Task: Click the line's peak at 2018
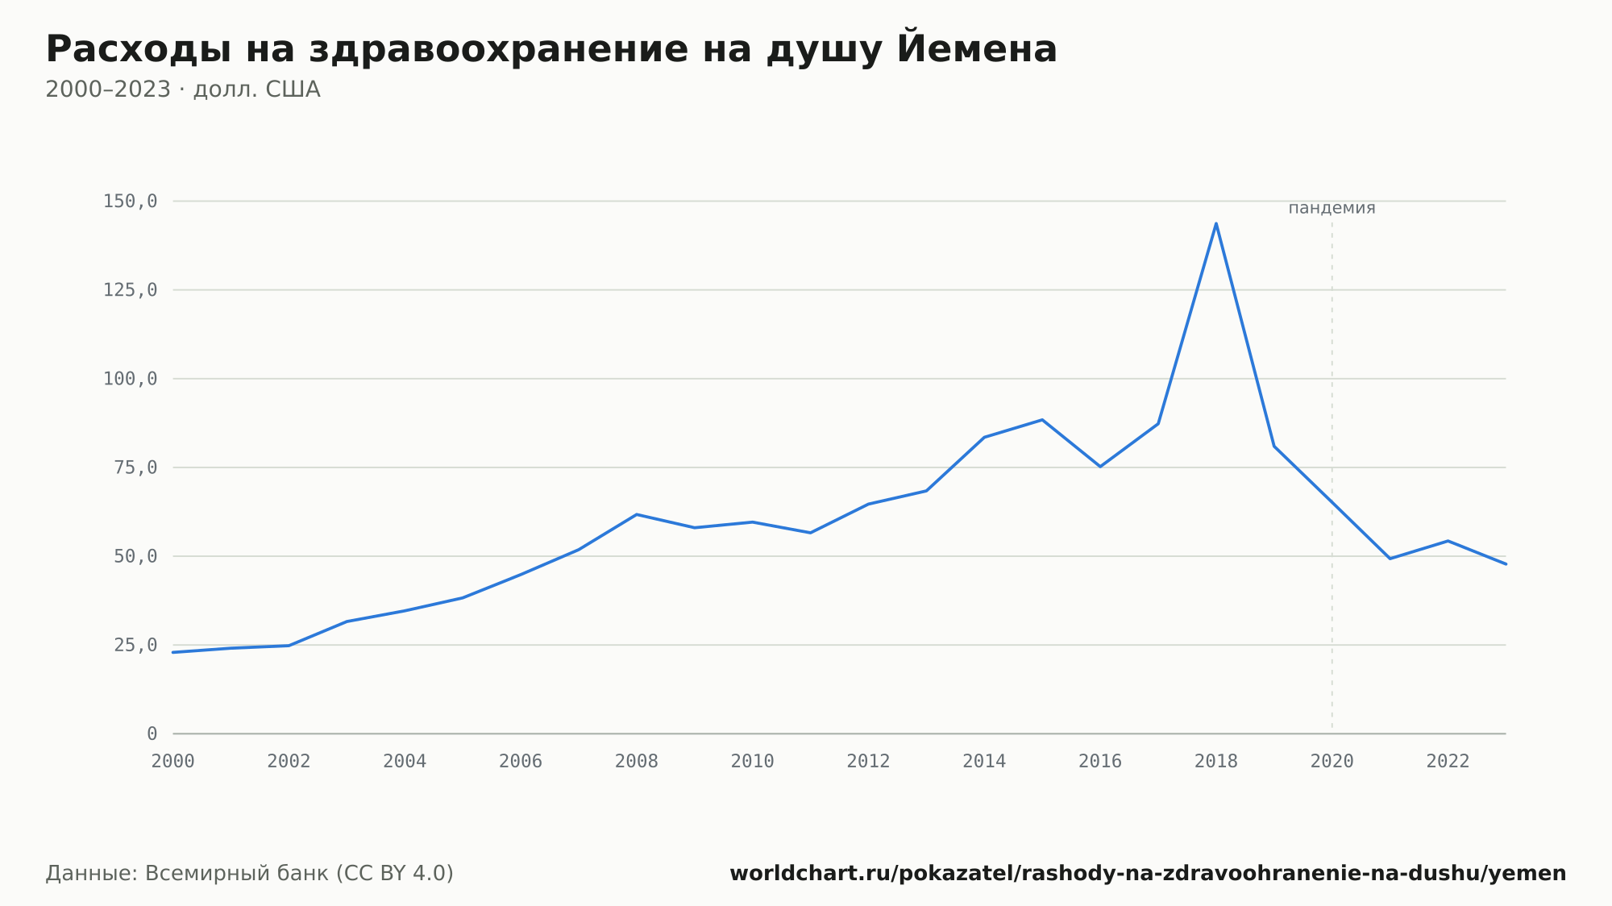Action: pos(1215,223)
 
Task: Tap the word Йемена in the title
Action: pos(977,48)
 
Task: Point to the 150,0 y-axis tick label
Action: pos(130,202)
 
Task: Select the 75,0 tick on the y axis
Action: pos(135,468)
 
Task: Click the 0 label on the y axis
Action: pos(152,734)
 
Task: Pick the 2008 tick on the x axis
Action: pos(637,762)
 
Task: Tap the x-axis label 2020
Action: pos(1332,762)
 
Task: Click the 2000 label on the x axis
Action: pos(173,762)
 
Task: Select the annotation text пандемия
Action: pos(1332,208)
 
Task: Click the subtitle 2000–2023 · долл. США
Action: pos(183,89)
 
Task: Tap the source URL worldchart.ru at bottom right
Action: pos(1148,873)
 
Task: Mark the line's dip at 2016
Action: pos(1100,467)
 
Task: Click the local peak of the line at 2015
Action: pos(1042,419)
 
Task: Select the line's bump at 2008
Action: pos(637,514)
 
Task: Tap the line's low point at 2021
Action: pos(1390,559)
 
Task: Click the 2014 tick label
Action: pos(984,762)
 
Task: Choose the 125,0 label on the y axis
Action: pos(130,290)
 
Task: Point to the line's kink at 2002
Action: pos(289,646)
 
